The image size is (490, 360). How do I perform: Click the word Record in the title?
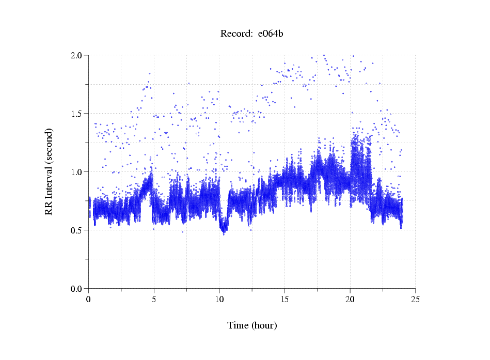point(236,34)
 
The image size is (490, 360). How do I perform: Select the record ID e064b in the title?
point(271,34)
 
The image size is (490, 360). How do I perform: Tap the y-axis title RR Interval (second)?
point(49,171)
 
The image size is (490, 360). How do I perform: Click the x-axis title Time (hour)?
point(252,325)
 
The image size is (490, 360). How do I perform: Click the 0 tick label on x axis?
point(89,299)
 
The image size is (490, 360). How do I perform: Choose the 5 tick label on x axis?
point(154,299)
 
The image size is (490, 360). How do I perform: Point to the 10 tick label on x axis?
point(219,299)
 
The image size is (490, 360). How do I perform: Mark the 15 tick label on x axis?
point(284,299)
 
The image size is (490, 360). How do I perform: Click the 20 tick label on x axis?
point(350,299)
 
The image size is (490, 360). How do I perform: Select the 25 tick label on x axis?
point(415,299)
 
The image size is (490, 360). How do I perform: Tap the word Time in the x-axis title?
point(238,325)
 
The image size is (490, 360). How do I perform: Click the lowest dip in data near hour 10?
point(224,234)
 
